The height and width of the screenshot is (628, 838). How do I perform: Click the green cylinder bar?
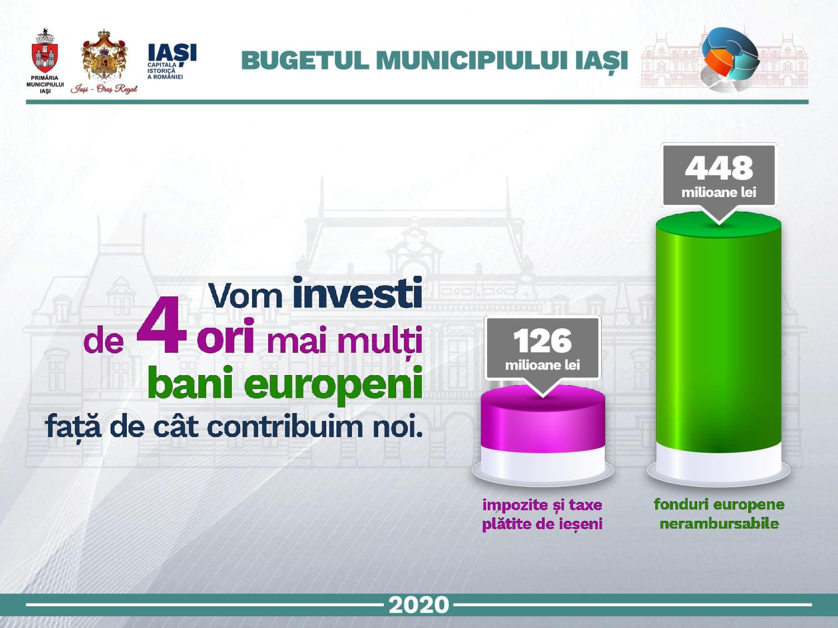[718, 332]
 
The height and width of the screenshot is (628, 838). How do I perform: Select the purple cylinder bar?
[542, 419]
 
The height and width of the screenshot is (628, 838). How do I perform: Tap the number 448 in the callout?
[719, 168]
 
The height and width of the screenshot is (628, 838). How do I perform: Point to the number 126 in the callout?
[542, 341]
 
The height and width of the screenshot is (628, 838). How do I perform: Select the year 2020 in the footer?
[419, 605]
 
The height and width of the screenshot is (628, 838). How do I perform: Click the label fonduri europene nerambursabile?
[719, 514]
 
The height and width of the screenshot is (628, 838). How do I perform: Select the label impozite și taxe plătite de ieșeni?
[542, 514]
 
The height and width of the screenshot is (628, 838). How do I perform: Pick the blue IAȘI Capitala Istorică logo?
[172, 61]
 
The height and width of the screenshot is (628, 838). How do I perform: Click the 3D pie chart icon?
[730, 58]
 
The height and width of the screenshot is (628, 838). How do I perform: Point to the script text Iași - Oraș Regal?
[104, 89]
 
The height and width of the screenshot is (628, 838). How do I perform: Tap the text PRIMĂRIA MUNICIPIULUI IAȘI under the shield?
[45, 84]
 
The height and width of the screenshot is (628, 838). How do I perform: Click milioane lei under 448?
[719, 192]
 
